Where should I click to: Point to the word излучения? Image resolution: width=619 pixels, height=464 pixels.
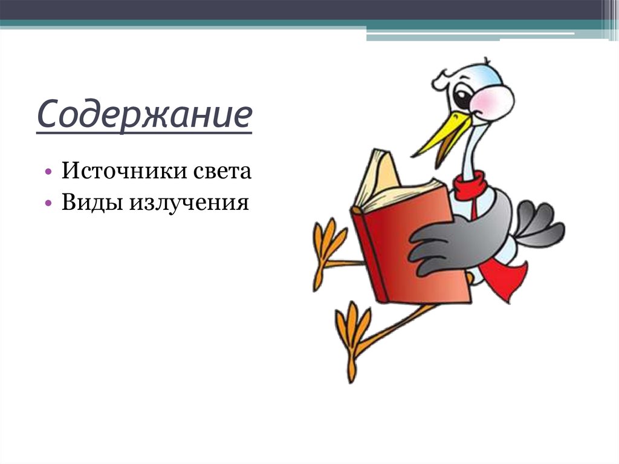tap(188, 202)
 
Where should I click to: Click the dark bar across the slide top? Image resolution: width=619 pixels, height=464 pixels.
tap(302, 9)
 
